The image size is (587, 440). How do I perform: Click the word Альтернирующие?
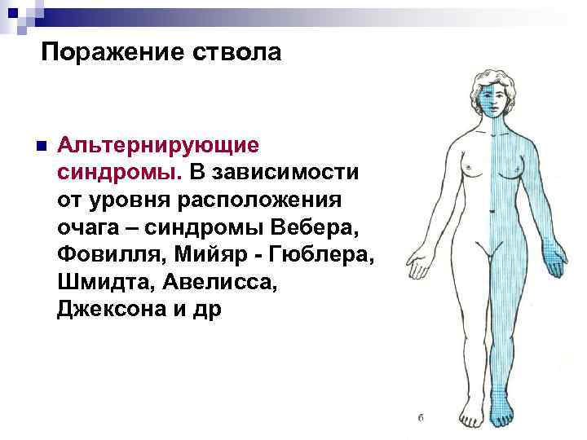tap(158, 146)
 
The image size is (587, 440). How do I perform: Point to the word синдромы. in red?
tap(121, 173)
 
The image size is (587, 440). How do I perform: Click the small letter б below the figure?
tap(419, 418)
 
